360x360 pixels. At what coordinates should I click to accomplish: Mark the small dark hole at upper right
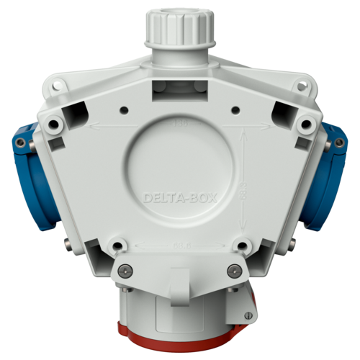[235, 109]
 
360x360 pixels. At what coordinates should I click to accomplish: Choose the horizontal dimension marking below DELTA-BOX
[180, 246]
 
